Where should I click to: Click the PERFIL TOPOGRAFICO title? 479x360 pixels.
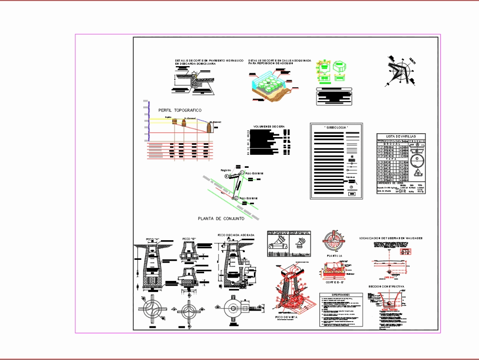point(180,110)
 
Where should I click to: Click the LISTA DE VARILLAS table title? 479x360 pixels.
point(401,137)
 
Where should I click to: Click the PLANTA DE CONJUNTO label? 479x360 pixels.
point(221,218)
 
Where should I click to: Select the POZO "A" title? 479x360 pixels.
point(152,239)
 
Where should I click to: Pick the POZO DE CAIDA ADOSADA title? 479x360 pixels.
point(236,235)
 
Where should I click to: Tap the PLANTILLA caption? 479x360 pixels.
point(334,256)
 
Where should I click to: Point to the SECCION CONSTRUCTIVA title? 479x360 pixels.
point(387,286)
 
